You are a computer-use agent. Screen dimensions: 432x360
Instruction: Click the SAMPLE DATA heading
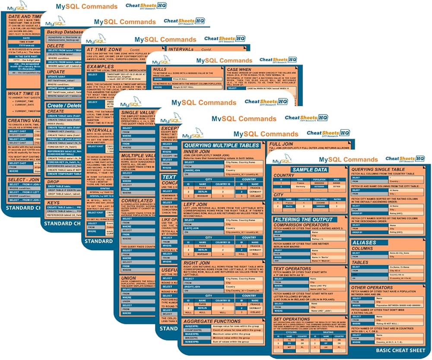click(x=310, y=170)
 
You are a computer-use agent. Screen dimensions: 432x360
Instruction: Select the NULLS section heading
click(x=160, y=69)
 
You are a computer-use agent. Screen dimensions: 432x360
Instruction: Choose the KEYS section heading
click(x=54, y=202)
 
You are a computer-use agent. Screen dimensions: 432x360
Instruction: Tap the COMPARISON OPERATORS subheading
click(x=301, y=225)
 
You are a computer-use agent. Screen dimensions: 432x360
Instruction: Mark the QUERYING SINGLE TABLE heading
click(x=378, y=170)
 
